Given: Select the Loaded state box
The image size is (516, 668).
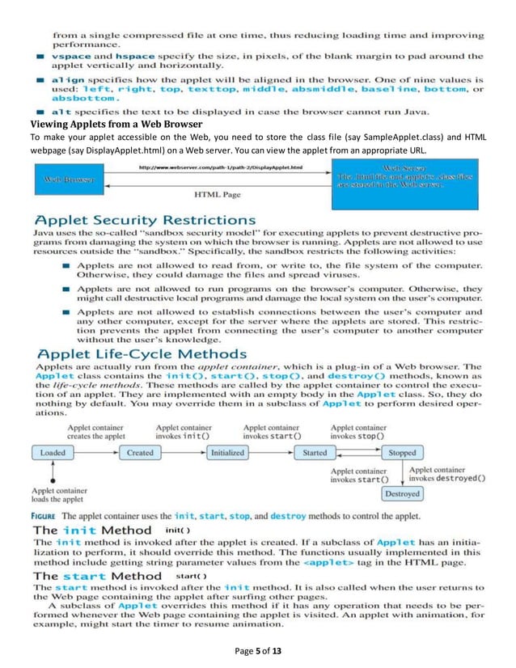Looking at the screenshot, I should click(x=53, y=453).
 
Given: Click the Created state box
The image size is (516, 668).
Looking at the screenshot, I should click(x=140, y=453).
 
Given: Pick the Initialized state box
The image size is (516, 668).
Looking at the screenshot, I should click(x=227, y=453).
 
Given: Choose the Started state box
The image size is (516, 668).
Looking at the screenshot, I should click(x=315, y=453).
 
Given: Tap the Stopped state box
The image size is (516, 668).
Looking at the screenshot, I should click(x=402, y=453).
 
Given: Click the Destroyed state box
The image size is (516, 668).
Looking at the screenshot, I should click(x=402, y=493).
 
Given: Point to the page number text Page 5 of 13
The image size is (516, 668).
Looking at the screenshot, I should click(x=258, y=652).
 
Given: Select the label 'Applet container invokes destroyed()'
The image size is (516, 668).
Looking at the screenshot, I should click(x=446, y=473).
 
